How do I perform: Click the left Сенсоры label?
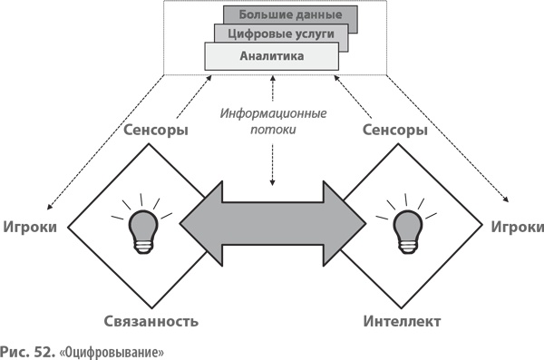tap(155, 131)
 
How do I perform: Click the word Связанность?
tap(150, 321)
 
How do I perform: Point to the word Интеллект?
tap(402, 321)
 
